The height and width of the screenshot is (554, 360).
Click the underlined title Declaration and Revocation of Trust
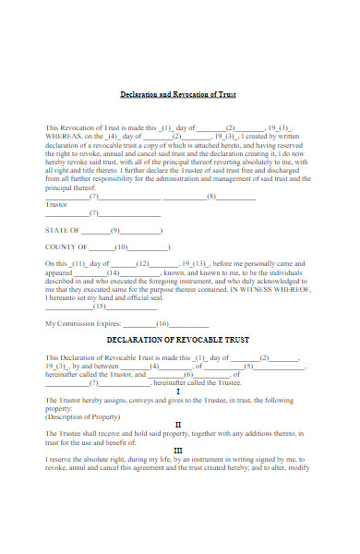pyautogui.click(x=179, y=94)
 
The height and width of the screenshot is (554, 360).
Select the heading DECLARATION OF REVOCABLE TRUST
pyautogui.click(x=178, y=339)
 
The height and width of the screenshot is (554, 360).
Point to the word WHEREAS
pyautogui.click(x=64, y=136)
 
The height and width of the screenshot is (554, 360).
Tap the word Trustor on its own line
pyautogui.click(x=56, y=204)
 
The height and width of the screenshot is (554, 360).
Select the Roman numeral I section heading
pyautogui.click(x=178, y=391)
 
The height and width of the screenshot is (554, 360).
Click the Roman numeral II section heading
pyautogui.click(x=178, y=424)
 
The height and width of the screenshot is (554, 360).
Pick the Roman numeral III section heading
pyautogui.click(x=178, y=451)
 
